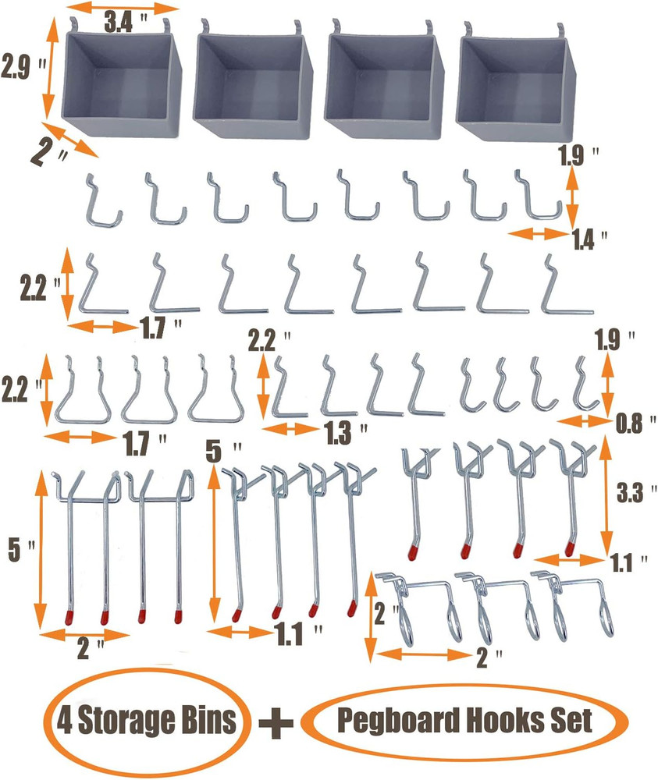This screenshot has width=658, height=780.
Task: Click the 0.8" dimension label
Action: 630,426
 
